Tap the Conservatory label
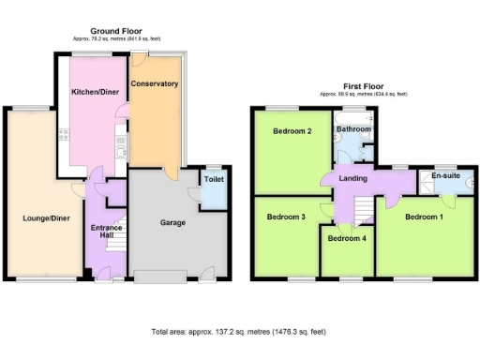pos(155,84)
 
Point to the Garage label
pos(171,223)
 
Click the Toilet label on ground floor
pos(213,178)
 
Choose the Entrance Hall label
pos(102,232)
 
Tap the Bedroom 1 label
pos(424,217)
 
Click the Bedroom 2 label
pos(292,131)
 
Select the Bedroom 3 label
pos(286,217)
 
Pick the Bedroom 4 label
pos(348,238)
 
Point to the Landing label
pos(352,180)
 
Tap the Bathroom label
pos(353,128)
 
